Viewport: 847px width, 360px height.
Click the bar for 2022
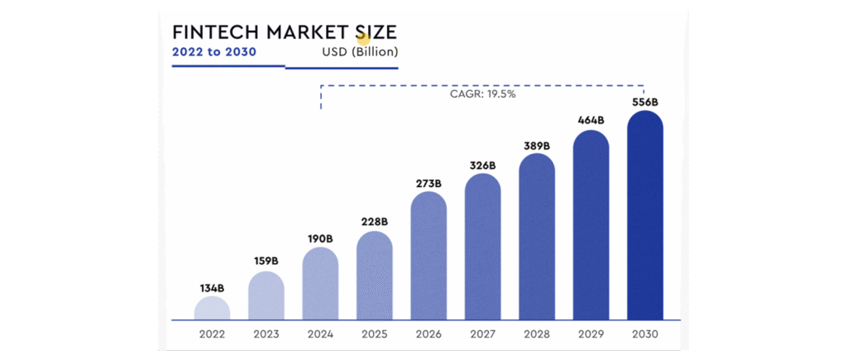pyautogui.click(x=213, y=308)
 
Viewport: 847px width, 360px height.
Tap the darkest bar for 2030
pyautogui.click(x=645, y=215)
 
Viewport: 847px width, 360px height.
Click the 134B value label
pyautogui.click(x=212, y=288)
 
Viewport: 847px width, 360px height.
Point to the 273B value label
pyautogui.click(x=428, y=183)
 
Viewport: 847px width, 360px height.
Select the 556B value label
pyautogui.click(x=644, y=102)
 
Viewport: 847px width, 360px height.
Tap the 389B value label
pyautogui.click(x=537, y=146)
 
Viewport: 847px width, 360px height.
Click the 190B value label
pyautogui.click(x=320, y=239)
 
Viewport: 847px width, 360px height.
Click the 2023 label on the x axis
pyautogui.click(x=266, y=335)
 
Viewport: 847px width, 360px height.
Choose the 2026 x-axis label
pyautogui.click(x=428, y=335)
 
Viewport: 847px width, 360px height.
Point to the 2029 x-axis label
pyautogui.click(x=591, y=335)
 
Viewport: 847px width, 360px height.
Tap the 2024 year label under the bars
pyautogui.click(x=320, y=335)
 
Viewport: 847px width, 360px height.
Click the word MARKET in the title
pyautogui.click(x=304, y=32)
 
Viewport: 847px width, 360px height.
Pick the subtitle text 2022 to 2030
pyautogui.click(x=213, y=52)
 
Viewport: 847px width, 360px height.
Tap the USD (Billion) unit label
pyautogui.click(x=360, y=52)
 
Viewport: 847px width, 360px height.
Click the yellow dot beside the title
pyautogui.click(x=362, y=39)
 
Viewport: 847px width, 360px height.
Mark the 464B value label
pyautogui.click(x=591, y=121)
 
